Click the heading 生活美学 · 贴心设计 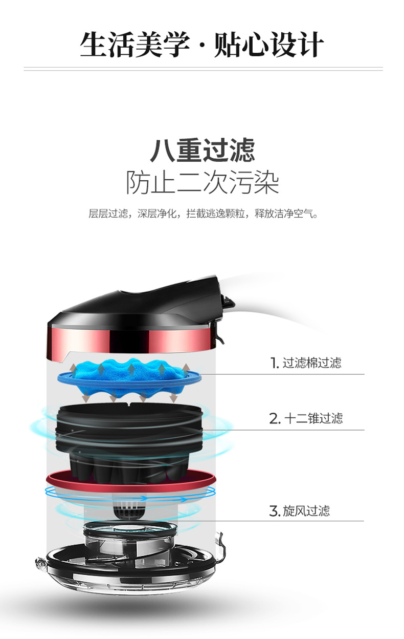pos(201,45)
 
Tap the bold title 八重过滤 pos(203,151)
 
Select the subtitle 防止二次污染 pos(203,182)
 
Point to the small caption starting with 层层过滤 pos(203,214)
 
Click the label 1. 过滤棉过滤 pos(305,363)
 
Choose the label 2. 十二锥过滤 pos(306,418)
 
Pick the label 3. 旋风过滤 pos(299,510)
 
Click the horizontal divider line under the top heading pos(203,69)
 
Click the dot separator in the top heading pos(202,46)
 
